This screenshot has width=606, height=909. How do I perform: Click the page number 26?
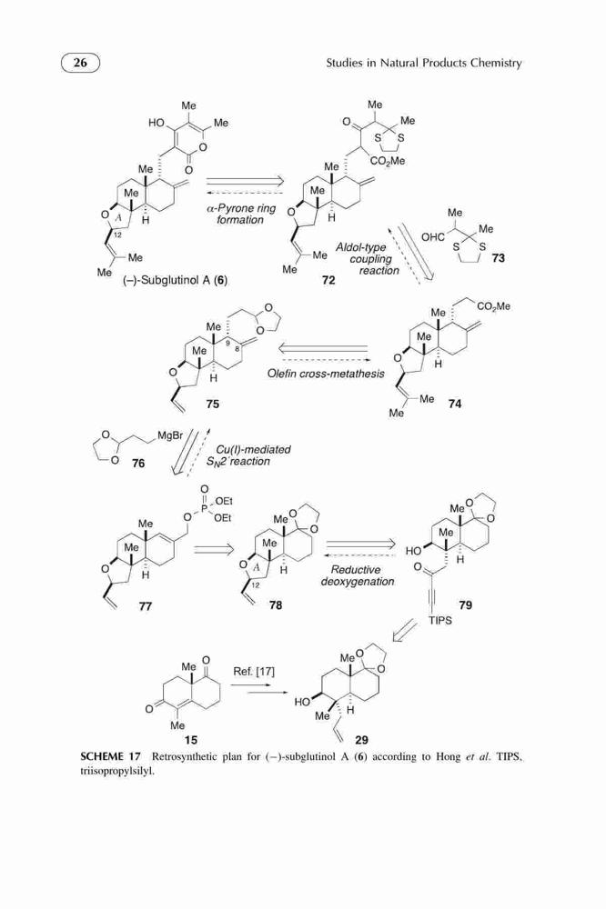point(80,62)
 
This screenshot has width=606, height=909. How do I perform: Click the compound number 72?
point(328,281)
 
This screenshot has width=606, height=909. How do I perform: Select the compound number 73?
point(498,258)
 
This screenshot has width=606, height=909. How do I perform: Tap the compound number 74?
point(455,404)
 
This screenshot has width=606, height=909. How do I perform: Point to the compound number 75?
point(212,404)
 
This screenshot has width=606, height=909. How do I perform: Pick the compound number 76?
point(138,464)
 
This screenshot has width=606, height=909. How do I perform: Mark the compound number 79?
point(466,605)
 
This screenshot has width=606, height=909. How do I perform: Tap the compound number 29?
point(361,740)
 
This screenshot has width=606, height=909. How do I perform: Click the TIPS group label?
point(440,621)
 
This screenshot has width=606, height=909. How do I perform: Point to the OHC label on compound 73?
point(433,237)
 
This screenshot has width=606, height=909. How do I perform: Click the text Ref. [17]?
point(254,672)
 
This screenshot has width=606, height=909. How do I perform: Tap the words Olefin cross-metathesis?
point(326,374)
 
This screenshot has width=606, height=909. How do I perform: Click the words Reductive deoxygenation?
point(358,575)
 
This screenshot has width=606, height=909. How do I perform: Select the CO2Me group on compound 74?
point(493,305)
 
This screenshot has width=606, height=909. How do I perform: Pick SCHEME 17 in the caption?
point(110,756)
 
